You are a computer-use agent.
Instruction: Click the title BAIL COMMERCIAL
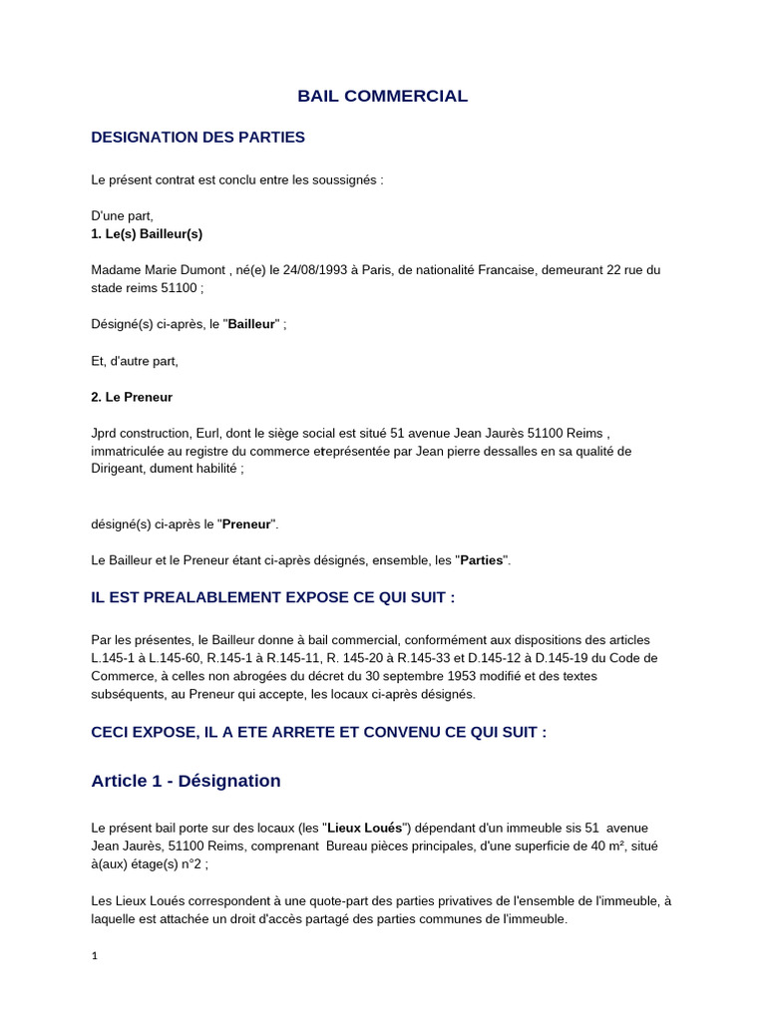click(382, 97)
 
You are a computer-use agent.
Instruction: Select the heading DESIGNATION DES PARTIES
click(197, 137)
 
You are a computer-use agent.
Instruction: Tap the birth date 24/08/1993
click(312, 270)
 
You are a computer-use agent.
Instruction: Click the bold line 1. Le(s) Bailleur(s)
click(147, 233)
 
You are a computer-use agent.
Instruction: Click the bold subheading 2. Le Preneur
click(132, 397)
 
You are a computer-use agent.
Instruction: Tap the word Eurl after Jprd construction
click(210, 433)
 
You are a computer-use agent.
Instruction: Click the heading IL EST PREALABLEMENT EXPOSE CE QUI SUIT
click(272, 597)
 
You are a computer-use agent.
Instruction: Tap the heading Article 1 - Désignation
click(186, 781)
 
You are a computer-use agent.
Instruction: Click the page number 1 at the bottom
click(95, 955)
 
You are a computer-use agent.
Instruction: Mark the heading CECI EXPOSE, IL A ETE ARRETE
click(318, 732)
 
